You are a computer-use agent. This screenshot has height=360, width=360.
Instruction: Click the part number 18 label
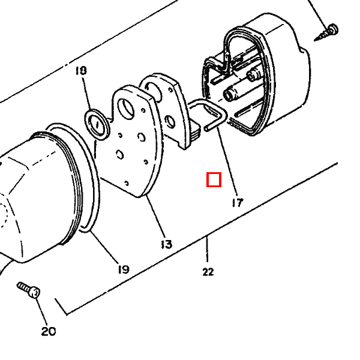(81, 70)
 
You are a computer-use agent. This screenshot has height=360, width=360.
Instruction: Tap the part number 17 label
(238, 203)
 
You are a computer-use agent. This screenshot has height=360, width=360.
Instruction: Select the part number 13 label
(166, 244)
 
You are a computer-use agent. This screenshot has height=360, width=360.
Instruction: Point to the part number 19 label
(124, 269)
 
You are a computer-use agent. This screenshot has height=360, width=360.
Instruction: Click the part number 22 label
(208, 272)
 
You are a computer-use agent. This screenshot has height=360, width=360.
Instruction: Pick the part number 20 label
(49, 331)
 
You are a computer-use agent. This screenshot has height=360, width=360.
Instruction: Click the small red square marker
(214, 179)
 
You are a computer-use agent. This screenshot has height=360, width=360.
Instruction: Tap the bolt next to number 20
(28, 290)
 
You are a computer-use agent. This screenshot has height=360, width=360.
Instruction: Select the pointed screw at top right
(326, 32)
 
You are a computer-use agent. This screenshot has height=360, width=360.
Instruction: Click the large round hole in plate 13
(125, 109)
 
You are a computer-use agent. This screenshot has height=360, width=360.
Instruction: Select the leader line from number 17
(227, 162)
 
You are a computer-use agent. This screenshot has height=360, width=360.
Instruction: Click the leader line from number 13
(155, 216)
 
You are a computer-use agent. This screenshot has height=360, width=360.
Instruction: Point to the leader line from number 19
(104, 247)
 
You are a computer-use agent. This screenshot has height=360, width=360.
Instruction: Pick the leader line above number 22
(208, 250)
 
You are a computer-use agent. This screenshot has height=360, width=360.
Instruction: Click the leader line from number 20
(41, 311)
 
